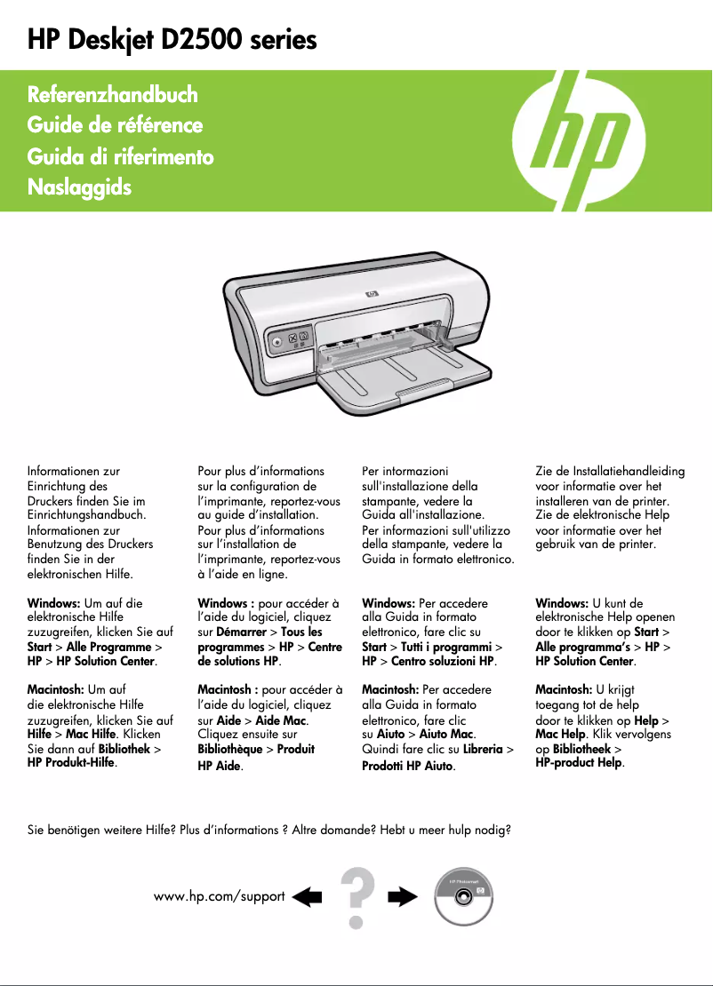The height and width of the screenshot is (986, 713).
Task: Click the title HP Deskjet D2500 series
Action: [172, 40]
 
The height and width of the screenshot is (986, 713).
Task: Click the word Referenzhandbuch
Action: [113, 94]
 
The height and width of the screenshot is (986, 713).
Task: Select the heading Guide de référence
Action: [115, 125]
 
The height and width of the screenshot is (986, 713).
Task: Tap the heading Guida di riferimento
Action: [120, 157]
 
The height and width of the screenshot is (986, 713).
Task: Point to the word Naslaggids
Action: [79, 188]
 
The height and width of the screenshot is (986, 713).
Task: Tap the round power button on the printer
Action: [277, 339]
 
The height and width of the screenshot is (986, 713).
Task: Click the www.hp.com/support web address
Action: [219, 896]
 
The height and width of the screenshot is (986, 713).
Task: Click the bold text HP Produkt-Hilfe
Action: [72, 763]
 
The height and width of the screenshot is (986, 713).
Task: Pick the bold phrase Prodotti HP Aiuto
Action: [408, 766]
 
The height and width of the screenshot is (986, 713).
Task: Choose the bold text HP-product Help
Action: [579, 763]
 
